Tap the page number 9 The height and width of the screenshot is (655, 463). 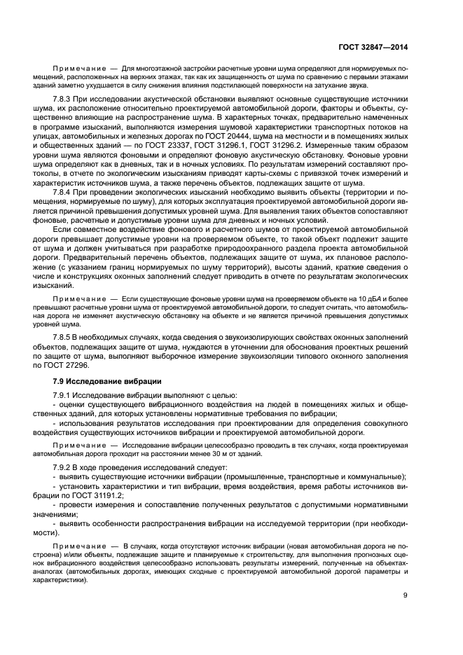pyautogui.click(x=406, y=595)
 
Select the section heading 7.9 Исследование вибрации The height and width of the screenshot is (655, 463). pyautogui.click(x=107, y=382)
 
